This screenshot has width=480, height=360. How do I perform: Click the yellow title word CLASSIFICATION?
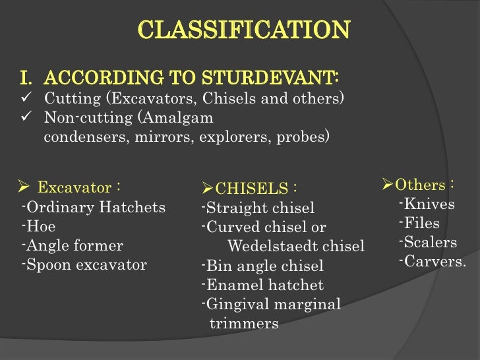click(x=244, y=30)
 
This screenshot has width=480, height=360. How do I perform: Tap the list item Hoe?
click(x=40, y=227)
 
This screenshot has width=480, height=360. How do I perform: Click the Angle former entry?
click(x=74, y=246)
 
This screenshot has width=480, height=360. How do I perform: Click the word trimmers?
click(x=244, y=324)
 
